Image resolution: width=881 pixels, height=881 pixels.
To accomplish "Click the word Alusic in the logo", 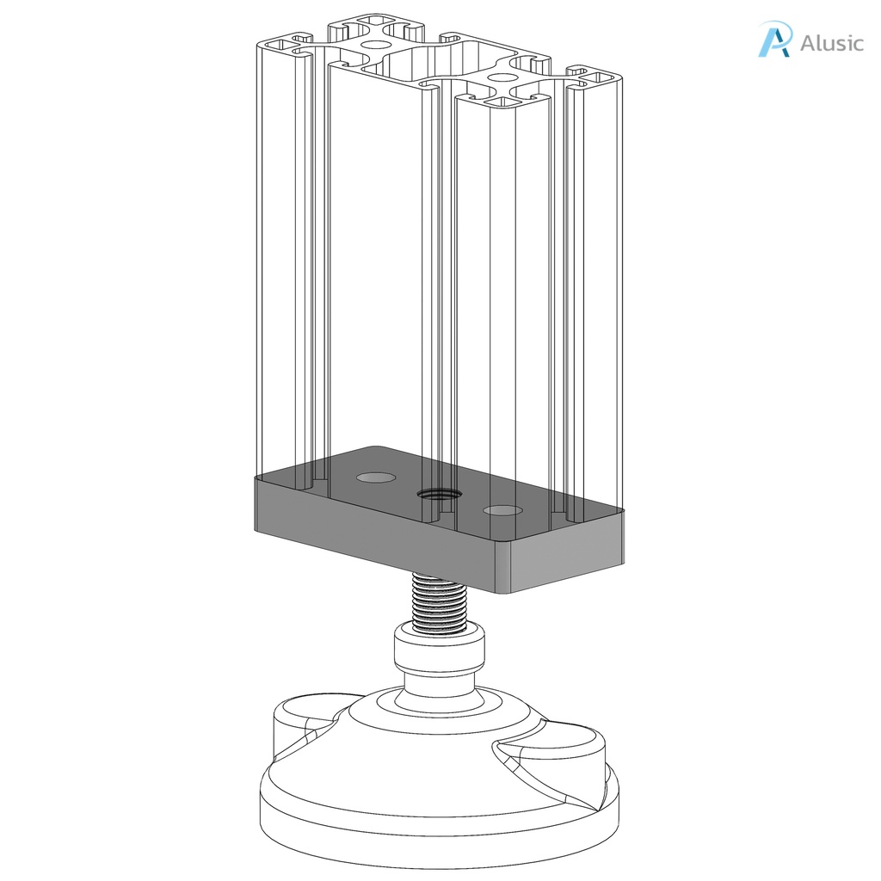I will click(831, 43).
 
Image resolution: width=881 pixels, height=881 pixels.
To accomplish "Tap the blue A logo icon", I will click(773, 40).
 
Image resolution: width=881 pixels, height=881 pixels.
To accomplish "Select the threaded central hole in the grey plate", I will click(437, 494).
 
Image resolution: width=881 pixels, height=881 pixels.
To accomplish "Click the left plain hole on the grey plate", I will click(376, 477).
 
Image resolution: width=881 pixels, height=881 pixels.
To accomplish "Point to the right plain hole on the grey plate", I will click(503, 511).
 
